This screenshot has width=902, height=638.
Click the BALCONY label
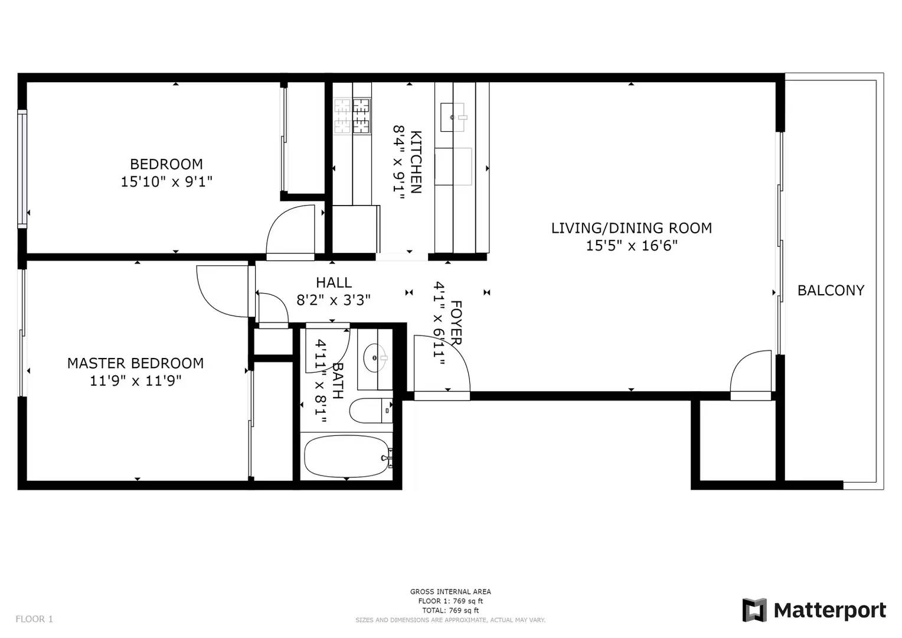831,290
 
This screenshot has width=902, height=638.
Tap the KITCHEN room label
416,162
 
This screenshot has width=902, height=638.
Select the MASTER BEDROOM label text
135,363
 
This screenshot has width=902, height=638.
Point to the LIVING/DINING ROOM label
632,228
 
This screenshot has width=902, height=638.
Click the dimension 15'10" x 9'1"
166,182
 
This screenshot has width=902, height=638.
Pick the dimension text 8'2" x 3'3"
334,300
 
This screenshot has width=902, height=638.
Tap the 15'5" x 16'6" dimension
632,245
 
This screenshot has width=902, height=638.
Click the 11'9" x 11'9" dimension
135,380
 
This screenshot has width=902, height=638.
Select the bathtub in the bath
347,457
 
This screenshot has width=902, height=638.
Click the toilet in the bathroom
371,411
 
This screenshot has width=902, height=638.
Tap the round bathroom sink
374,358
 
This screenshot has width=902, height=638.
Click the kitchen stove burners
352,115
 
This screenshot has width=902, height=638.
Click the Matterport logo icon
754,610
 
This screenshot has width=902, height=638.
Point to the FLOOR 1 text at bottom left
34,619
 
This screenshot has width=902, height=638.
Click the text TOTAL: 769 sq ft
450,610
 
